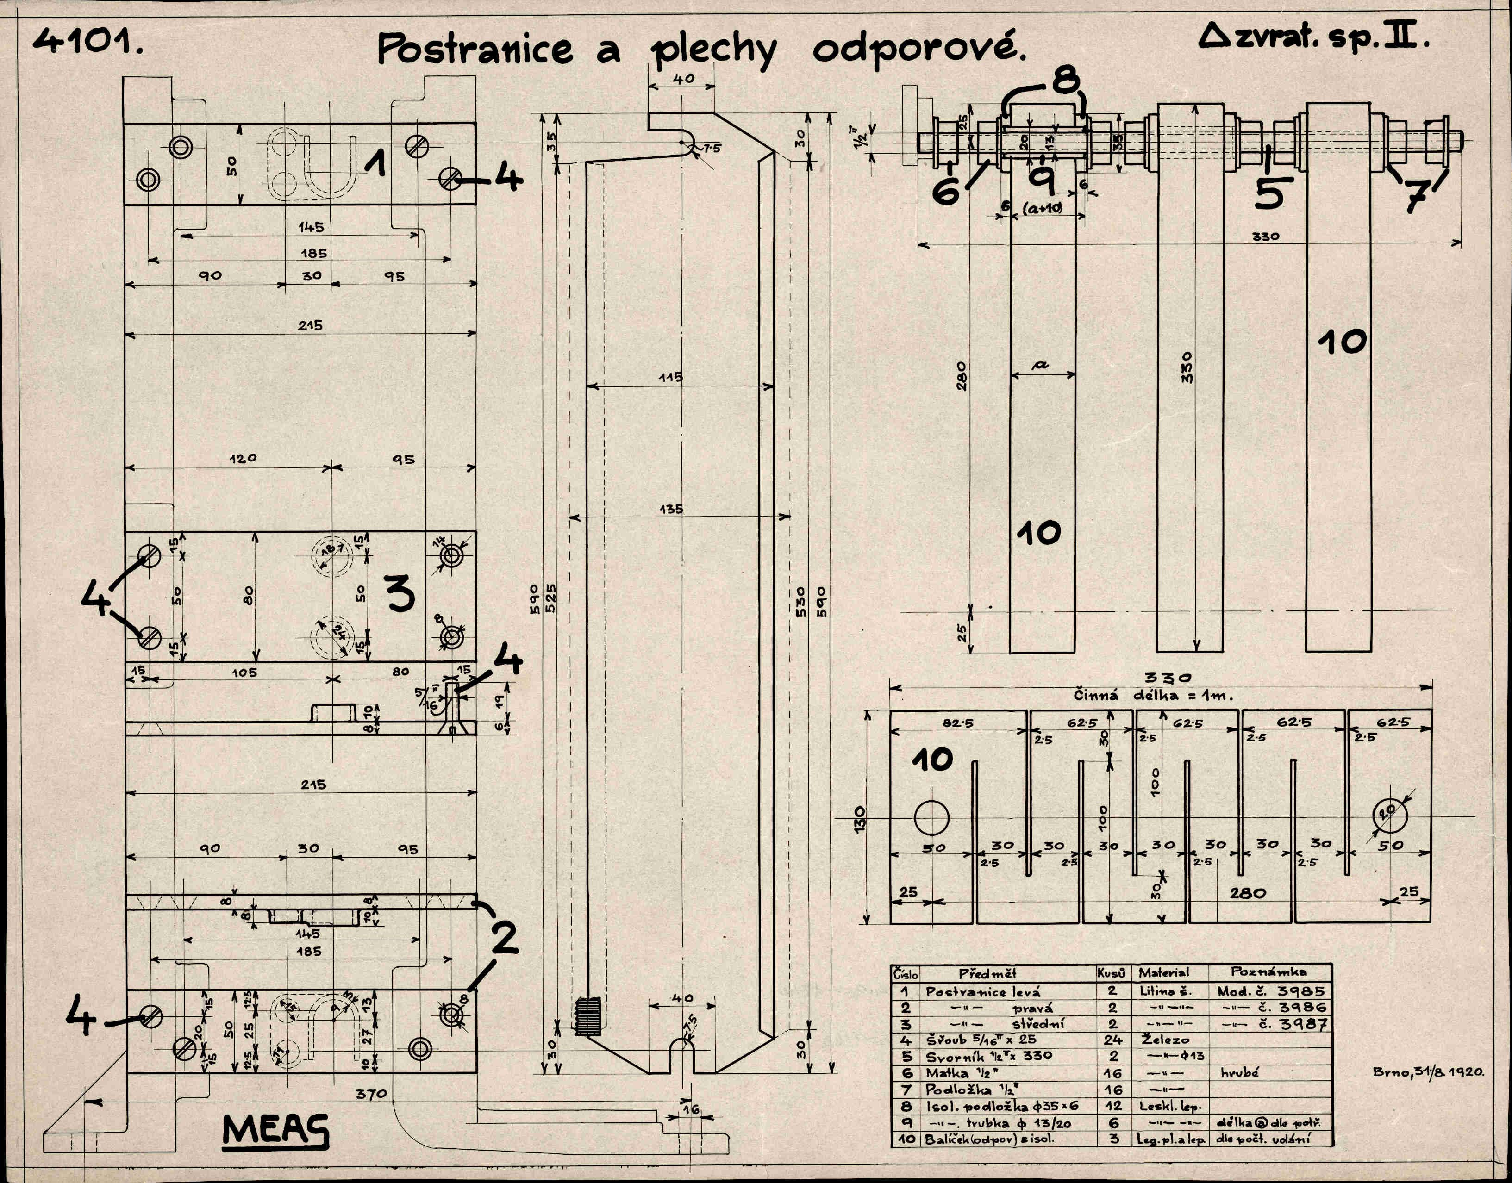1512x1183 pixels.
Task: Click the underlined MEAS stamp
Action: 275,1131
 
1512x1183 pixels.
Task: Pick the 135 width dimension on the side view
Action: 670,509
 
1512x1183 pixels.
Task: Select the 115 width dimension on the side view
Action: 670,378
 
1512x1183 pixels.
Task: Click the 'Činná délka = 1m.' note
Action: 1153,695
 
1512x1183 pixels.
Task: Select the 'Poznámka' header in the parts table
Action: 1268,972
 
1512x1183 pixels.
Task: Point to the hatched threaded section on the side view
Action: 587,1017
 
